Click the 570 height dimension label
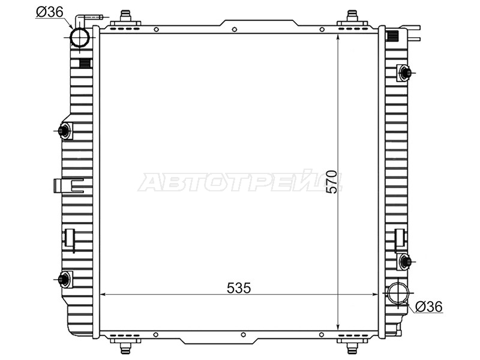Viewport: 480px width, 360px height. click(332, 182)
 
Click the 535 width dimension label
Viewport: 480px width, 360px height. click(239, 288)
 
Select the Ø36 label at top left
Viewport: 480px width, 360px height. click(50, 12)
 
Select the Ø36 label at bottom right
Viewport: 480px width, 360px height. click(429, 307)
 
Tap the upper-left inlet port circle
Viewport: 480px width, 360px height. click(80, 37)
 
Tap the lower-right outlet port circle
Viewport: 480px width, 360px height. click(398, 293)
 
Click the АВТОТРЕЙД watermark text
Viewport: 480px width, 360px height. click(241, 182)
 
